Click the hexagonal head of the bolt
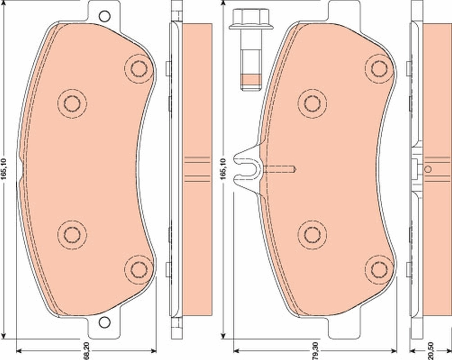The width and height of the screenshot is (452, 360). (244, 19)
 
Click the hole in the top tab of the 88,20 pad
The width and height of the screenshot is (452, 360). (104, 16)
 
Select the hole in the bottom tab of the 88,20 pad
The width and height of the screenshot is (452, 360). (104, 322)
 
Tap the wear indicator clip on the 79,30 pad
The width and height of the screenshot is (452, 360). (247, 169)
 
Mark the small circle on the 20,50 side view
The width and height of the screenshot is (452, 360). (428, 169)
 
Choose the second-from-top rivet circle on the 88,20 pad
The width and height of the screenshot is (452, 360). (72, 104)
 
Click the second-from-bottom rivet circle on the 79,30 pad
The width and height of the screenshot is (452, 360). (312, 234)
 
